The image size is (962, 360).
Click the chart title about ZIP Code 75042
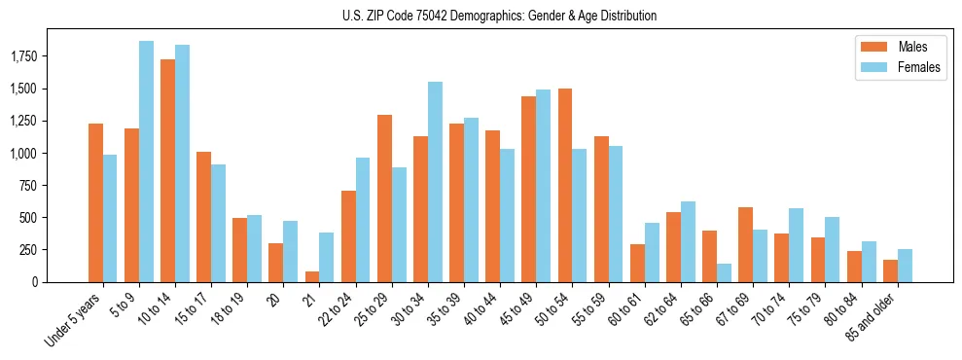[499, 16]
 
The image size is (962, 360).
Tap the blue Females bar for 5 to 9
[146, 162]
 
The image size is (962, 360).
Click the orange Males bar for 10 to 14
[167, 170]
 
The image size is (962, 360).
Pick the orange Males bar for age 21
[311, 276]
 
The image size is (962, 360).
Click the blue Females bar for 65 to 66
[724, 272]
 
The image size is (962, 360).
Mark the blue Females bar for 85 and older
[905, 266]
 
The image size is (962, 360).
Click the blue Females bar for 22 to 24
[363, 220]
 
